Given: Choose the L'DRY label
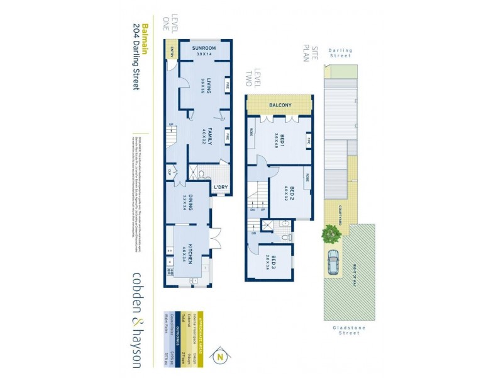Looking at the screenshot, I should tap(220, 187).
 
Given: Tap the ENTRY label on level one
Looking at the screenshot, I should tap(171, 53).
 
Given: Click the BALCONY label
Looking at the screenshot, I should tap(279, 105).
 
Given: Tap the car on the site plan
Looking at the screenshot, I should tap(333, 260).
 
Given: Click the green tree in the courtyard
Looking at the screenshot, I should tap(331, 235).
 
